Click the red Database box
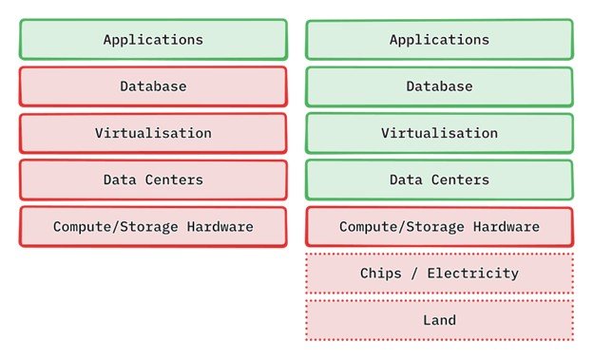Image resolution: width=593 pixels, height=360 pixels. pyautogui.click(x=153, y=86)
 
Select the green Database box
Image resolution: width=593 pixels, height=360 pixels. pyautogui.click(x=439, y=86)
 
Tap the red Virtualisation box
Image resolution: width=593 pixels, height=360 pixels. pyautogui.click(x=153, y=133)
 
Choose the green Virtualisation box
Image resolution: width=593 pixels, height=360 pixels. pyautogui.click(x=439, y=133)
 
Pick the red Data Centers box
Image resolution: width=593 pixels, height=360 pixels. pyautogui.click(x=153, y=180)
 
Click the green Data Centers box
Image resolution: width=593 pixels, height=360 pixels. pyautogui.click(x=439, y=180)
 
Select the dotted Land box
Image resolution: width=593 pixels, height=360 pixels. pyautogui.click(x=439, y=320)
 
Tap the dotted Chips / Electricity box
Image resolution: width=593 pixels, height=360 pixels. pyautogui.click(x=439, y=274)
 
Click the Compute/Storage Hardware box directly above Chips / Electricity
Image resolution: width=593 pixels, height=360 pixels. pyautogui.click(x=439, y=227)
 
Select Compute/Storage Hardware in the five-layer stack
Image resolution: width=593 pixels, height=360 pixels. pyautogui.click(x=153, y=227)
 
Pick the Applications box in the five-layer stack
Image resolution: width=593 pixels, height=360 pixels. pyautogui.click(x=153, y=40)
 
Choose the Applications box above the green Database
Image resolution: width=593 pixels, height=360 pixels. pyautogui.click(x=439, y=40)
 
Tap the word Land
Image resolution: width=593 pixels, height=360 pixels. pyautogui.click(x=439, y=320)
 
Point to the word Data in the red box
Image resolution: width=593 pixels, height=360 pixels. pyautogui.click(x=120, y=180)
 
